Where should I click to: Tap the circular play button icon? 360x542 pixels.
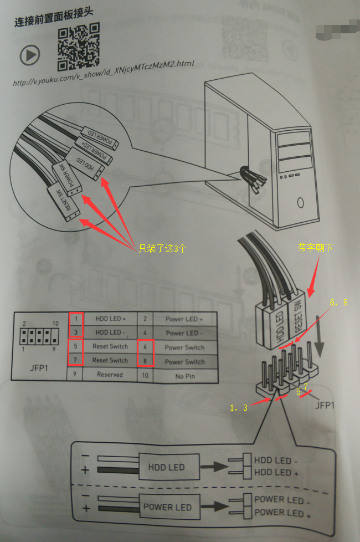pyautogui.click(x=30, y=55)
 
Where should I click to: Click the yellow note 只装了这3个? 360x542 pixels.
pyautogui.click(x=162, y=249)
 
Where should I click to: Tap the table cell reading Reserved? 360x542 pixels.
pyautogui.click(x=110, y=374)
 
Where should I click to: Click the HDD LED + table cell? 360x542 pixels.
pyautogui.click(x=110, y=319)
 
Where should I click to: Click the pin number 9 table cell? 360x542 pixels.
pyautogui.click(x=75, y=374)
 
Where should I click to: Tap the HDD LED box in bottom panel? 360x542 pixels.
pyautogui.click(x=166, y=467)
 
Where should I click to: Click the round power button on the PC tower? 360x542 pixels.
pyautogui.click(x=300, y=203)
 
